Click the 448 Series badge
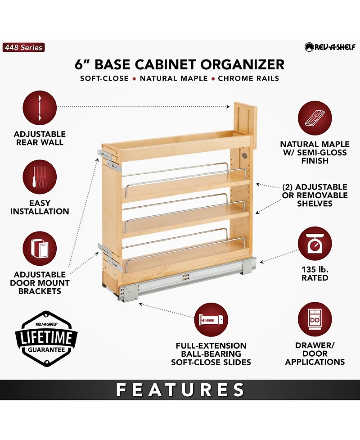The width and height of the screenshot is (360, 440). (x=24, y=47)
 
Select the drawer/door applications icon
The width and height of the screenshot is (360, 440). (x=315, y=319)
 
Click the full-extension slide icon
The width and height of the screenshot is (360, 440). (x=211, y=319)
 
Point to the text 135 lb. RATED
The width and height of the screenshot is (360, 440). (x=315, y=273)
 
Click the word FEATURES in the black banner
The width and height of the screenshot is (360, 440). (x=180, y=390)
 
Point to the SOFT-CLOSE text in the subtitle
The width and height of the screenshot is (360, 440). (x=104, y=78)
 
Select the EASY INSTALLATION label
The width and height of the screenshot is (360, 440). (x=40, y=207)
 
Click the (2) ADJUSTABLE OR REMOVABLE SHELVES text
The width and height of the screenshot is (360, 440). (x=315, y=195)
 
